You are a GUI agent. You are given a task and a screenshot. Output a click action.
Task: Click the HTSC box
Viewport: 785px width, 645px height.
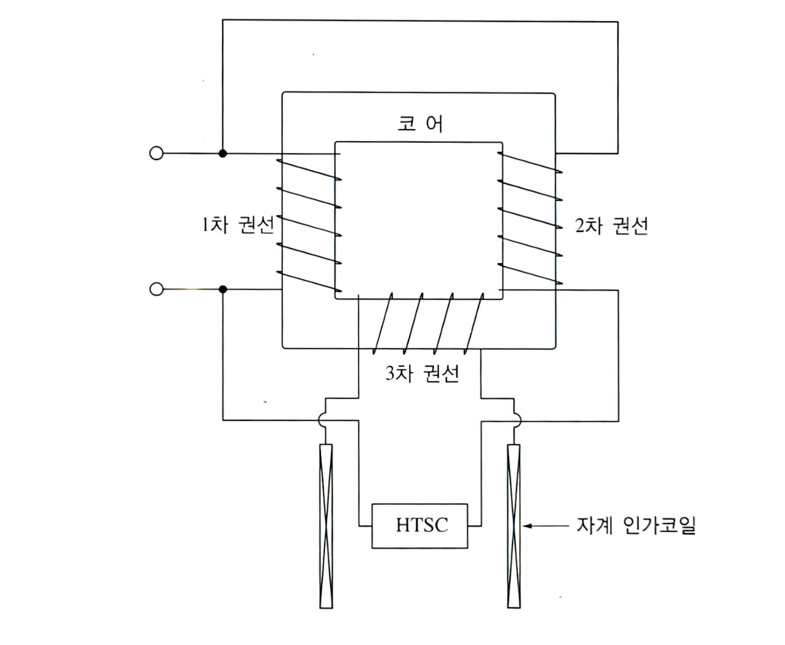click(419, 526)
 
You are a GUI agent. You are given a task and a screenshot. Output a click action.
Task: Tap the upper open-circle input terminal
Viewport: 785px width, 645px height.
click(156, 153)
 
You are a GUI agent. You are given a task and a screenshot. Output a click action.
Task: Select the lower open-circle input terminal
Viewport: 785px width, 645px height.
click(156, 289)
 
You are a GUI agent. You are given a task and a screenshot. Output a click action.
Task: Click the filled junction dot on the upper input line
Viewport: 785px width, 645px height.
click(222, 153)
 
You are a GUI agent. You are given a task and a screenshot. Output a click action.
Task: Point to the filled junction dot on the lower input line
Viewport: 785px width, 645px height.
click(222, 289)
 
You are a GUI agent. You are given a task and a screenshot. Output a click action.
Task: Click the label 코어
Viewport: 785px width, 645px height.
click(420, 123)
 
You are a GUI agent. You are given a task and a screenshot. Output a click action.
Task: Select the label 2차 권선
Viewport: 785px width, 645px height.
click(612, 226)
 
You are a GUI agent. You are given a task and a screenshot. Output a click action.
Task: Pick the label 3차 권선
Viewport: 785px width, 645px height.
click(422, 373)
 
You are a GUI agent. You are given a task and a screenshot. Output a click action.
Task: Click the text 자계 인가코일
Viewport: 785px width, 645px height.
click(636, 525)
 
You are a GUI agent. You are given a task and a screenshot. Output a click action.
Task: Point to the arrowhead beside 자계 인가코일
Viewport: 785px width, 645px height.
click(527, 526)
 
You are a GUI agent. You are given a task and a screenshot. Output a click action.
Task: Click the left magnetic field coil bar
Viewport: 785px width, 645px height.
click(326, 526)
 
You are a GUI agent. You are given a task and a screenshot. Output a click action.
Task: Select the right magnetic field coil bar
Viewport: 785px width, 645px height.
click(514, 526)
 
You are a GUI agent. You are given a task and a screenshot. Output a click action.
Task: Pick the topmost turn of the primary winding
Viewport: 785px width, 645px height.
click(308, 170)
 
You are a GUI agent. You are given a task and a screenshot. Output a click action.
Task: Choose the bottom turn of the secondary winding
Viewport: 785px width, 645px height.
click(530, 274)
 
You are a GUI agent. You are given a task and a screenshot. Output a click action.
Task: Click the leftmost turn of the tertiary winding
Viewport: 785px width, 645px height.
click(382, 323)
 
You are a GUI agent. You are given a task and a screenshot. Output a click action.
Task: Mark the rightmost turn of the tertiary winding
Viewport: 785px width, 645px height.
click(474, 323)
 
